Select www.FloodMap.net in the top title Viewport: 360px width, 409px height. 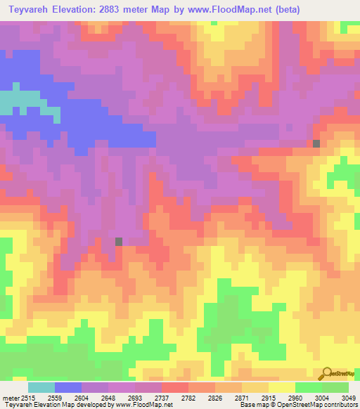tap(219, 10)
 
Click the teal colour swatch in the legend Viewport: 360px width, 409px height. tap(41, 387)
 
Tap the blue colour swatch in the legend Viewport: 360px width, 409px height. tap(68, 387)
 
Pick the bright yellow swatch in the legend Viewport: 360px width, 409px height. tap(282, 387)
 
